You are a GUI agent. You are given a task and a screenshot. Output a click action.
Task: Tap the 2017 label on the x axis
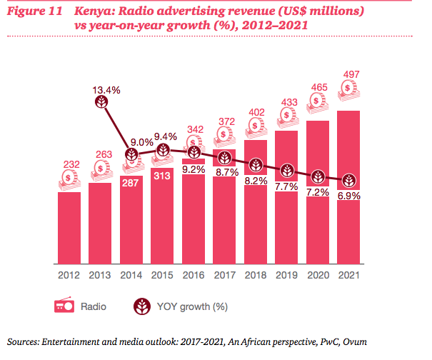tap(224, 275)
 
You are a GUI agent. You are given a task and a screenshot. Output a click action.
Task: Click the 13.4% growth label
tap(104, 91)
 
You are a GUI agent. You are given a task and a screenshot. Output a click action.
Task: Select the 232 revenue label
tap(69, 163)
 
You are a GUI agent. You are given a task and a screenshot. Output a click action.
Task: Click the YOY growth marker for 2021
tap(348, 181)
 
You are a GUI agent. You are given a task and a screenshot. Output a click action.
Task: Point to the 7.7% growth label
tap(286, 186)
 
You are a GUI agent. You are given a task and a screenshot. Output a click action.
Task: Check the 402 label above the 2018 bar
tap(255, 113)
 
